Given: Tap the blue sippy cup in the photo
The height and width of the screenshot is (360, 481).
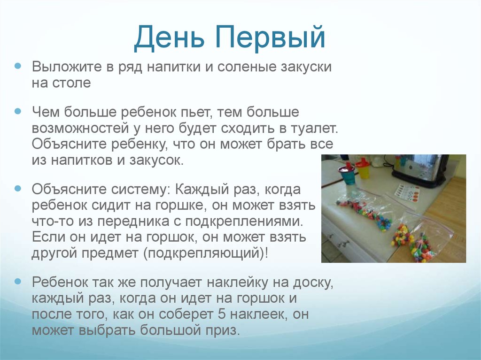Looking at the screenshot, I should point(347,175).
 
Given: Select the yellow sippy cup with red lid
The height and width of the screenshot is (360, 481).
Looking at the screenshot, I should point(363,169).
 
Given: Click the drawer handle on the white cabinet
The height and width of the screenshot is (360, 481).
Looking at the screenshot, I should point(343,244).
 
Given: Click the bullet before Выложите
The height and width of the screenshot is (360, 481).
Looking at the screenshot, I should point(18,67).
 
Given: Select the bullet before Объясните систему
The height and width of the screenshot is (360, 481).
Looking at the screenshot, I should point(18,190).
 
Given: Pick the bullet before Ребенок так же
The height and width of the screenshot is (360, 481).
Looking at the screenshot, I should point(18,282).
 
